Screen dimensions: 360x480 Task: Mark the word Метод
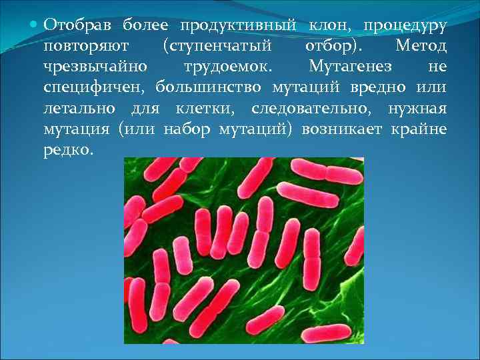(x=421, y=47)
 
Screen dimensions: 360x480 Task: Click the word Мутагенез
(x=351, y=67)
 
